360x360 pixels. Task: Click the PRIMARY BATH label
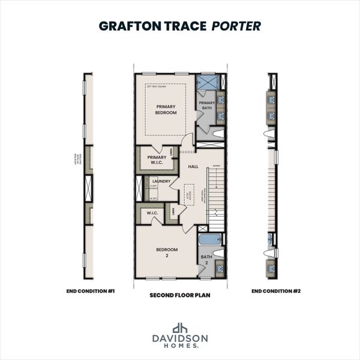point(207,106)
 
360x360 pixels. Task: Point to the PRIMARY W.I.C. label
point(157,160)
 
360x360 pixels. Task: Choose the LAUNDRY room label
point(161,181)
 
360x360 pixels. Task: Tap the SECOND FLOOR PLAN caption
point(179,296)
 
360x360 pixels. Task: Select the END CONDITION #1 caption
point(91,291)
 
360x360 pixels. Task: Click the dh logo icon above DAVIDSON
point(179,328)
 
